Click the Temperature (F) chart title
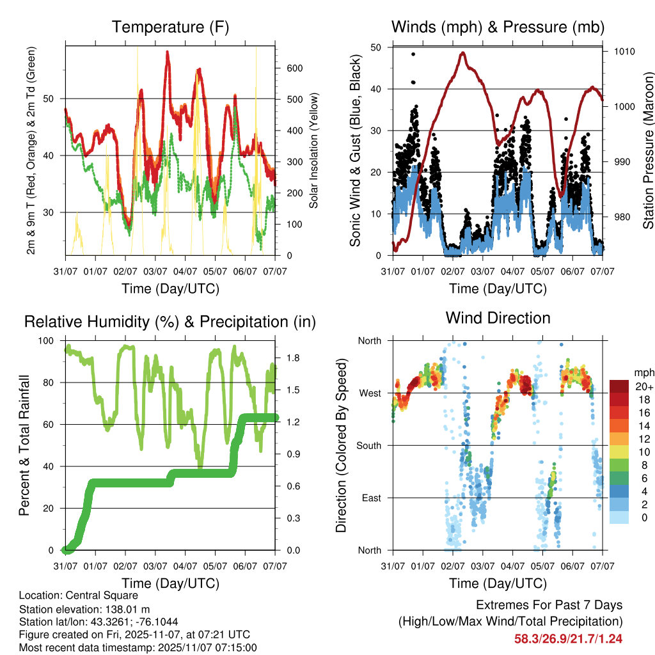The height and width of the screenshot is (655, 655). (x=170, y=27)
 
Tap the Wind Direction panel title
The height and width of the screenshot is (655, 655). (x=498, y=317)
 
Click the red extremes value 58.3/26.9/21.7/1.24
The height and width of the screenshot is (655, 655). (x=568, y=638)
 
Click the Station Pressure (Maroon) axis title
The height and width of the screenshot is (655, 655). (x=647, y=150)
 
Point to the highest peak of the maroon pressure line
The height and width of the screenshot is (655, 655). (x=462, y=52)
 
